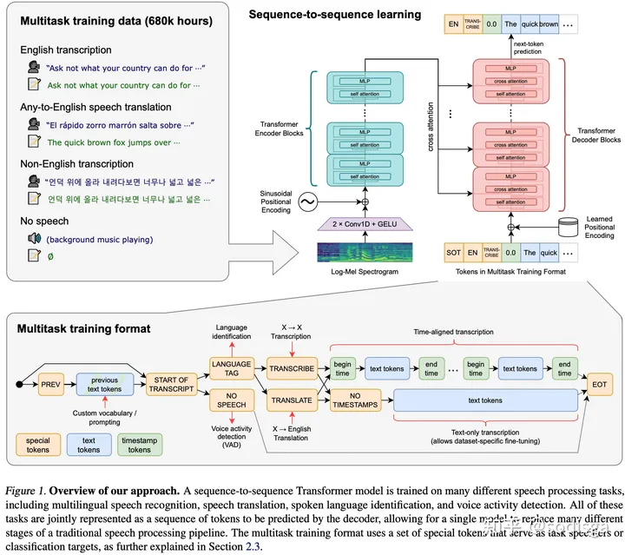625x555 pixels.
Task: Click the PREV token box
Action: click(x=50, y=381)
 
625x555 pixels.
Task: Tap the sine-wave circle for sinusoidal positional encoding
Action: click(x=306, y=202)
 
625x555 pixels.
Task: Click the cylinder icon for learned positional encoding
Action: click(x=568, y=226)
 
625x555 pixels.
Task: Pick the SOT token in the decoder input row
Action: click(x=452, y=253)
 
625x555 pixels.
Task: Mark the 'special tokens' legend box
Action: click(x=39, y=446)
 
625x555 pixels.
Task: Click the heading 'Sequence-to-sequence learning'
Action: click(x=335, y=15)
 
